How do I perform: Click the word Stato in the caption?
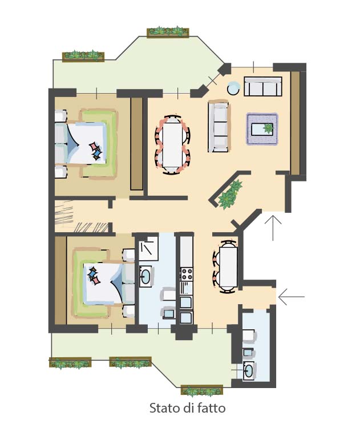click(x=164, y=408)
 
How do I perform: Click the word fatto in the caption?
click(x=212, y=407)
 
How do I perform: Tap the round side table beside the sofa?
click(x=233, y=88)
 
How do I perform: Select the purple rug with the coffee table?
click(x=262, y=129)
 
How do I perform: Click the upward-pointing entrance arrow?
click(x=273, y=228)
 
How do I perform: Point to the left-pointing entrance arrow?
click(x=292, y=297)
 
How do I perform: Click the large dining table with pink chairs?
click(x=173, y=145)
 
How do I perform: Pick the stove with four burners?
click(x=187, y=274)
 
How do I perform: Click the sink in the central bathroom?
click(x=145, y=276)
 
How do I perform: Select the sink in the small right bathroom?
click(x=249, y=371)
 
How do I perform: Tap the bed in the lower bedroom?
click(x=104, y=283)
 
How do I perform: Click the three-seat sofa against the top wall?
click(x=263, y=86)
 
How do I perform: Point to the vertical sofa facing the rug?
click(x=219, y=126)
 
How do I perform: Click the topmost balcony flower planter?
click(x=168, y=32)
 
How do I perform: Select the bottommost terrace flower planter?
click(x=202, y=391)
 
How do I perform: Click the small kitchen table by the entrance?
click(x=228, y=267)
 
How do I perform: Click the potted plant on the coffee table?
click(x=268, y=128)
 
